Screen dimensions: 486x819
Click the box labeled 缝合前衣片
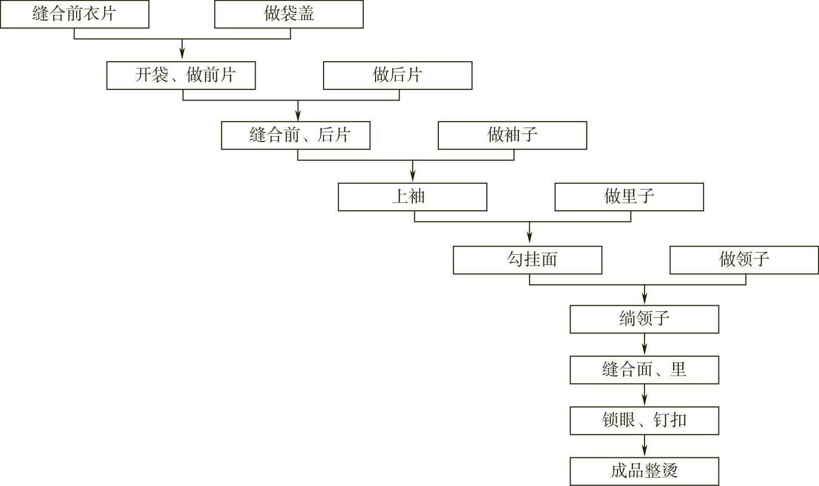(x=75, y=14)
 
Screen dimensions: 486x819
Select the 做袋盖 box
(x=289, y=14)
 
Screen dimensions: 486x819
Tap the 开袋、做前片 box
(x=181, y=76)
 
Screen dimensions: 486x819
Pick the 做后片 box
(x=398, y=76)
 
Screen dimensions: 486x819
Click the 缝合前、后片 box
(x=295, y=135)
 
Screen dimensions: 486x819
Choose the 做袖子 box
(x=512, y=135)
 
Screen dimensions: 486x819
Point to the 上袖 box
(x=412, y=197)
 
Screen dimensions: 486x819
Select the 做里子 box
(x=629, y=197)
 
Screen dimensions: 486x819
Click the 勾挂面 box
(x=528, y=260)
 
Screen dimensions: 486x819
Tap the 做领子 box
(x=744, y=260)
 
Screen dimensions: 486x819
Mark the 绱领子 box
(x=644, y=320)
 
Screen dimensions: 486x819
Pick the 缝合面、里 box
(x=644, y=370)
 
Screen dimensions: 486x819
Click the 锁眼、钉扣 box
(x=644, y=421)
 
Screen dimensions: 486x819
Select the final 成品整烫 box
(x=644, y=471)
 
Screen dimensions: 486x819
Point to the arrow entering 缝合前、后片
(x=298, y=111)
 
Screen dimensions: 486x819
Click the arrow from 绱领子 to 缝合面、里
(x=644, y=345)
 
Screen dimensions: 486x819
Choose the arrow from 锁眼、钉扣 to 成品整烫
(x=644, y=447)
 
